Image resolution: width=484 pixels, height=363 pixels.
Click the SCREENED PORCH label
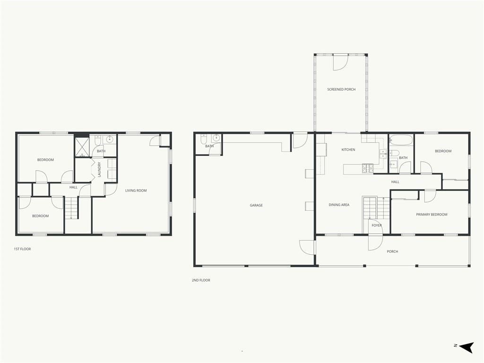[x=341, y=89]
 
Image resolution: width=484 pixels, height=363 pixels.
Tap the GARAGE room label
[x=256, y=205]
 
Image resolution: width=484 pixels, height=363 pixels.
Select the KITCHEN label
[x=348, y=150]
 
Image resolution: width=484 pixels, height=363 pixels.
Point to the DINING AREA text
[x=339, y=205]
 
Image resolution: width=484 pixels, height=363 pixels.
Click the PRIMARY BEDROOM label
[x=432, y=215]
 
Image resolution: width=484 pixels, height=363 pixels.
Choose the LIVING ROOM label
[x=136, y=191]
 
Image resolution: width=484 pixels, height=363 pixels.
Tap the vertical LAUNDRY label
[x=99, y=170]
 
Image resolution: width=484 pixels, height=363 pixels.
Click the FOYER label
[x=377, y=225]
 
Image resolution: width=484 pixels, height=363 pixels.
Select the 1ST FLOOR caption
[x=22, y=249]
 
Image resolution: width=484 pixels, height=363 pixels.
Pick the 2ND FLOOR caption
[x=200, y=280]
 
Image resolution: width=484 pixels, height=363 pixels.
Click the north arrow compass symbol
[x=466, y=347]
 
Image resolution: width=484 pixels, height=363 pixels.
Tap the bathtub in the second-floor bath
[x=401, y=140]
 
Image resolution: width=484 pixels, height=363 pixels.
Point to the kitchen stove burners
[x=368, y=168]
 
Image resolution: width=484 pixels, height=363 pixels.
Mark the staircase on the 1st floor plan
[x=71, y=208]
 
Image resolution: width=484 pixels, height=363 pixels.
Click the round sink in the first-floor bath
[x=110, y=139]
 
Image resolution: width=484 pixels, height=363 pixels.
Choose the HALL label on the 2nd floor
[x=395, y=182]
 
